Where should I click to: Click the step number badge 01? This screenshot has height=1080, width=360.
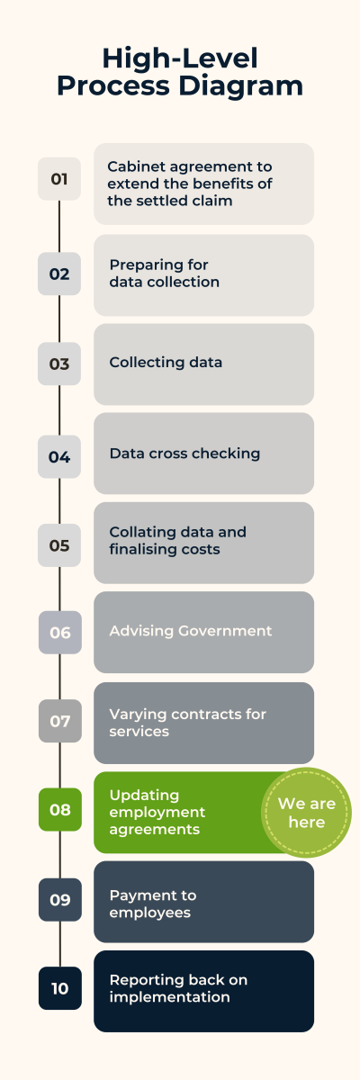click(59, 179)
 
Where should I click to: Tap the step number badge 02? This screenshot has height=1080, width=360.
click(59, 274)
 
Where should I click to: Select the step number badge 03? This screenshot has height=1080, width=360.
click(59, 364)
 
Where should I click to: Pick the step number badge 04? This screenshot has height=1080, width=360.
click(59, 456)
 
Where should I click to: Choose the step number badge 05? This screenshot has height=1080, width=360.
click(59, 545)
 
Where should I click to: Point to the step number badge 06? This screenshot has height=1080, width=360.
click(60, 633)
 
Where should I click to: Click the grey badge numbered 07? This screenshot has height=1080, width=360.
click(60, 721)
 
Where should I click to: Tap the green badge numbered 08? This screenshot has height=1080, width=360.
click(60, 809)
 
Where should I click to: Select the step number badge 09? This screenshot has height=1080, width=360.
click(60, 900)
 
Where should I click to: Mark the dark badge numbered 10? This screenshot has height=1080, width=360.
click(60, 988)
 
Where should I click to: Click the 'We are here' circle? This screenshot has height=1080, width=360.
click(307, 813)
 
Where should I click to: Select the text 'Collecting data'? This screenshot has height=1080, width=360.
click(166, 362)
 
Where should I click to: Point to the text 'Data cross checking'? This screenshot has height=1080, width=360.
click(184, 454)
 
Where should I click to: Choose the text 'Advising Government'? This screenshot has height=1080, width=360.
click(191, 631)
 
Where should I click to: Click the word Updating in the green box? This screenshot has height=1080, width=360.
click(144, 796)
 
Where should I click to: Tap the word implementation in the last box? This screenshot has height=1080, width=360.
click(169, 997)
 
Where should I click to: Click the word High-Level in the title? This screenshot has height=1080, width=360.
click(180, 58)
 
